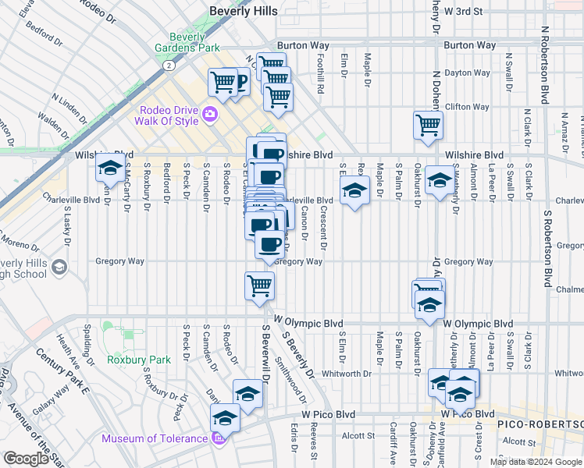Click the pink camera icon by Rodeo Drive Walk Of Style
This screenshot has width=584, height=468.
(x=209, y=115)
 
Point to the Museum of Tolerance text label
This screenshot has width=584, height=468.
(x=154, y=438)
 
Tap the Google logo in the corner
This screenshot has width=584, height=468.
(x=25, y=459)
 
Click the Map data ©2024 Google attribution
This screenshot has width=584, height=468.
(x=536, y=462)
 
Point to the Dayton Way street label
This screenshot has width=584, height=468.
(x=467, y=73)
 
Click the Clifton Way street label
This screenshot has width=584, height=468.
(x=467, y=107)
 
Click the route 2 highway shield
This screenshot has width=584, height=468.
(x=169, y=66)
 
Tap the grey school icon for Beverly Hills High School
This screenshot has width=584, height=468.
(x=59, y=269)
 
